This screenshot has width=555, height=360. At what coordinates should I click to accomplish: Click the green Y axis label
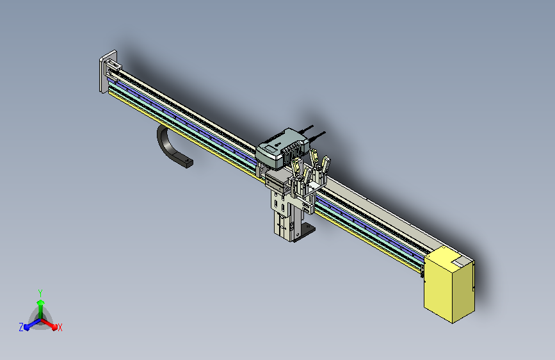(40, 293)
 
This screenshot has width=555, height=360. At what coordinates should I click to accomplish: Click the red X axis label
(60, 327)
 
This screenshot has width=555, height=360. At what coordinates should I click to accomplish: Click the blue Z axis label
(21, 327)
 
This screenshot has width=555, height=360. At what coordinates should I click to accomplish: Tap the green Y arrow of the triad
(40, 310)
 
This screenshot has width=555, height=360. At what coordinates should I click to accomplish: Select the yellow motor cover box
(449, 284)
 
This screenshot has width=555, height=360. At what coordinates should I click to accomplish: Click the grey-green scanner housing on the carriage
(282, 148)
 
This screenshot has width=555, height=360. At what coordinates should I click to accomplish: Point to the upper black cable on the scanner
(305, 129)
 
